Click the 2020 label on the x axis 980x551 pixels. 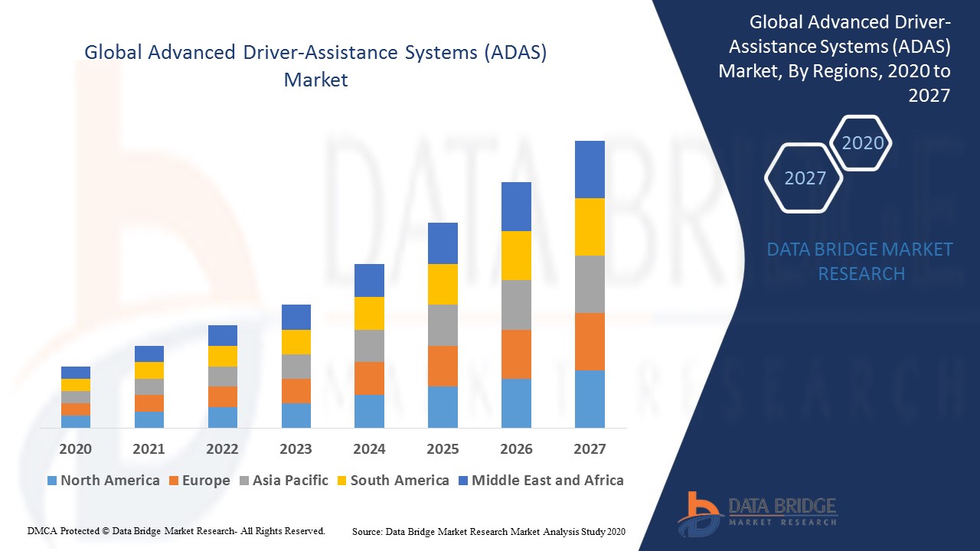[75, 449]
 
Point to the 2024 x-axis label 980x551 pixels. [369, 449]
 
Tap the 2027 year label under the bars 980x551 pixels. [590, 449]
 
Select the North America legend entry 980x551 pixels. [103, 481]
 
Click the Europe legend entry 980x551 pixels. [199, 481]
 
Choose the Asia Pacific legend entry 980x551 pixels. [283, 481]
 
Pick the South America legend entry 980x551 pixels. [393, 481]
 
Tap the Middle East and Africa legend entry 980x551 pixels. [541, 481]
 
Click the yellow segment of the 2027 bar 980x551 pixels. [590, 227]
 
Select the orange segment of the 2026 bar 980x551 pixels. [516, 354]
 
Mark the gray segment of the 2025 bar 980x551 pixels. [443, 325]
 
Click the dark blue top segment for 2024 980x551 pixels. [369, 280]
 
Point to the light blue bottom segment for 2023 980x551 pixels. [296, 415]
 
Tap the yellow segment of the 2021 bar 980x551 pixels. [149, 370]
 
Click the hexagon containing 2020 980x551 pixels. [862, 143]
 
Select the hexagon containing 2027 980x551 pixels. [805, 178]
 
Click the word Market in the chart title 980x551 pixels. [315, 80]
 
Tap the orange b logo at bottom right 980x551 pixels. [698, 512]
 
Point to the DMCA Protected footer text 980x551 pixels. [176, 530]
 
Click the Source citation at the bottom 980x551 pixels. [488, 531]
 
